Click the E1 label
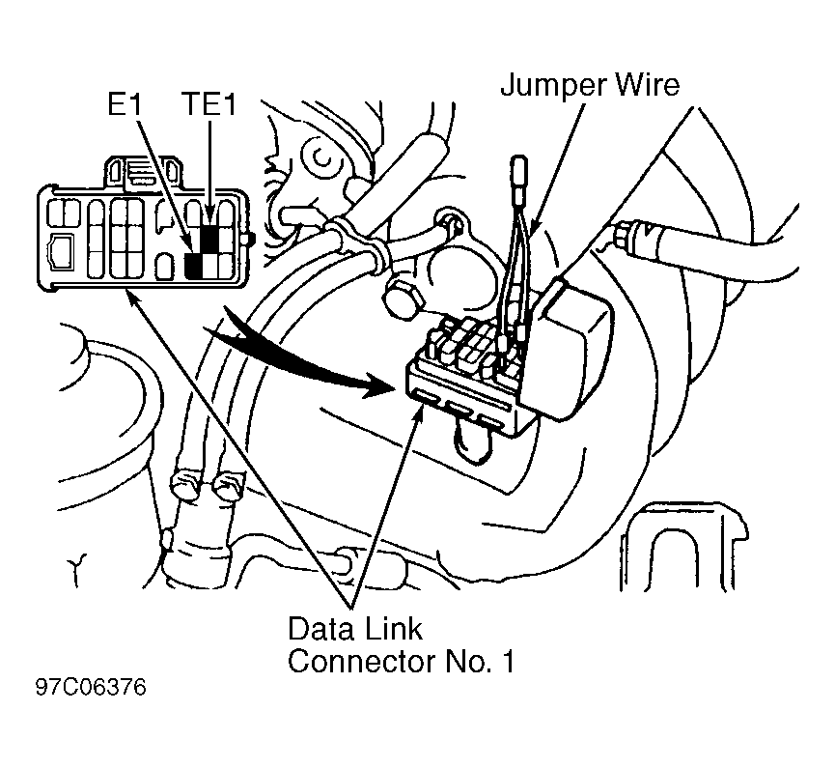click(x=125, y=104)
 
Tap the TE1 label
click(x=209, y=104)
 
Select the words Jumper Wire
click(x=590, y=86)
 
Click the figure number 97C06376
click(x=91, y=688)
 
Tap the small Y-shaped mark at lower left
click(x=78, y=570)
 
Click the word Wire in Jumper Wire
click(x=648, y=85)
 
